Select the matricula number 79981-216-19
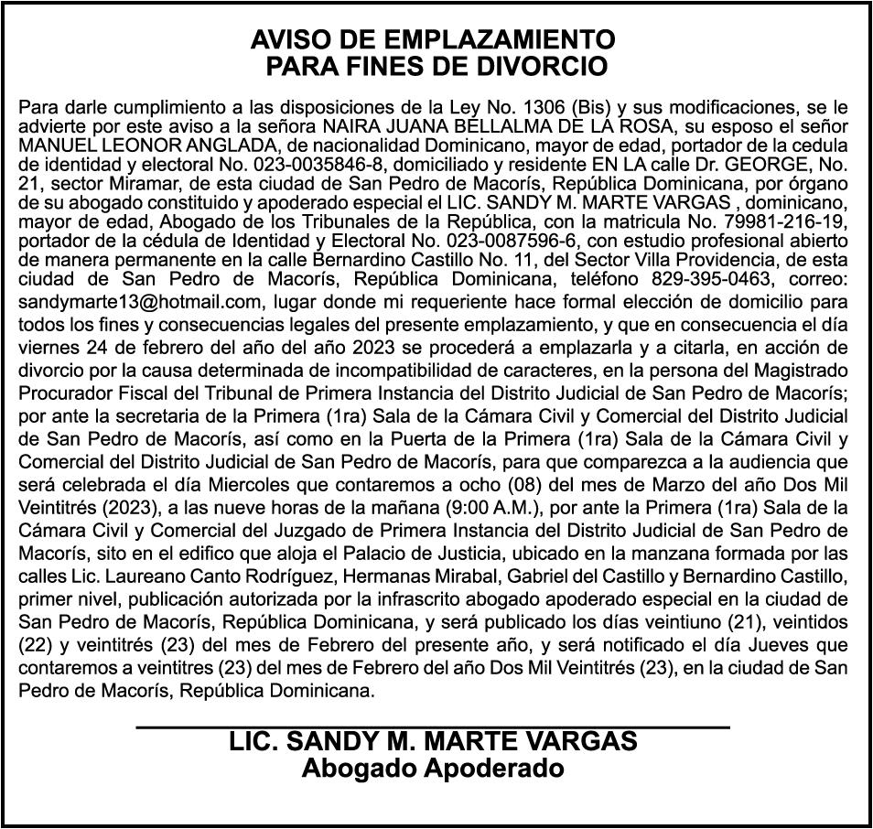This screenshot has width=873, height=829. pos(770,223)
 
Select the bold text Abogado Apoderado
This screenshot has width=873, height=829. pos(433,769)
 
